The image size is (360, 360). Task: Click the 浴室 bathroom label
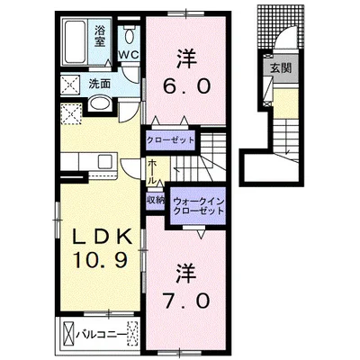point(100,36)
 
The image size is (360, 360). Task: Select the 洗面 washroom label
point(99,85)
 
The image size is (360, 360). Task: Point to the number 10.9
point(103,264)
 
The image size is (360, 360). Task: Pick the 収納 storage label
point(155,201)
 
